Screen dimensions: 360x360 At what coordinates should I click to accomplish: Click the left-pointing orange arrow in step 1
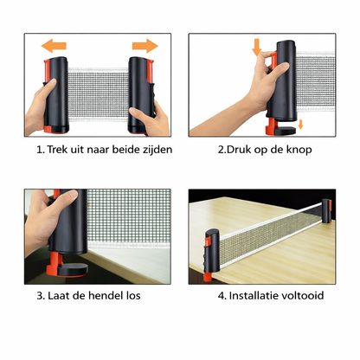(55, 46)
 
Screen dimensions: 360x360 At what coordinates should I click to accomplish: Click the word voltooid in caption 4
(305, 294)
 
